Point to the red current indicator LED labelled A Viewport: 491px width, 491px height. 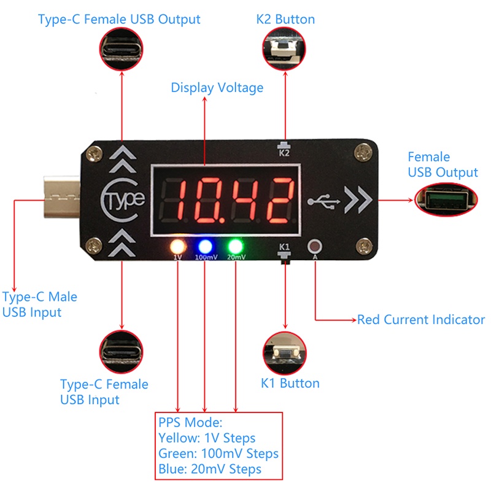click(x=315, y=247)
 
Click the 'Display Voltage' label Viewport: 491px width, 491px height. click(x=217, y=88)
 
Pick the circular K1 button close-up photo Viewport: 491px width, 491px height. click(x=285, y=352)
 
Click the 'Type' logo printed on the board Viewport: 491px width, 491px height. click(x=123, y=199)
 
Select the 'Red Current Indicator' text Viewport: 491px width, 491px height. click(x=421, y=320)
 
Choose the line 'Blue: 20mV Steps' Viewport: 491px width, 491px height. click(x=209, y=469)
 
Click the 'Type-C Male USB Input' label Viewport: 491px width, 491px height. click(x=40, y=304)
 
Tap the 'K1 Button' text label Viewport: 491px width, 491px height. click(x=290, y=384)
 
